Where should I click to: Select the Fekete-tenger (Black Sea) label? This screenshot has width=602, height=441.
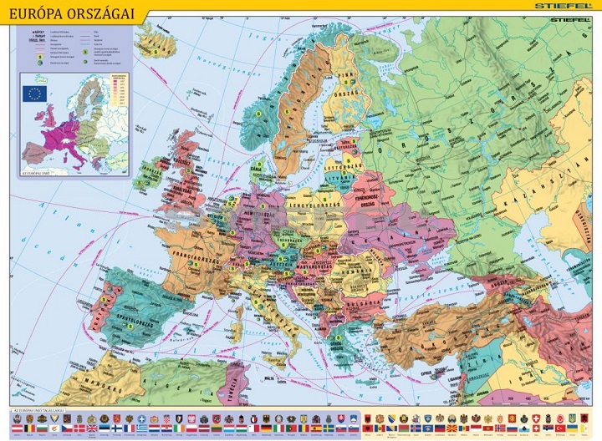435,292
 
